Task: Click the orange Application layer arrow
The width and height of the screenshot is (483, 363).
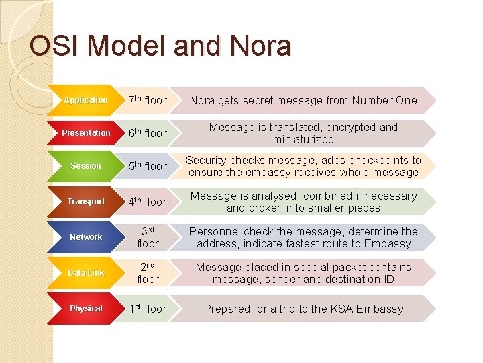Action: [86, 100]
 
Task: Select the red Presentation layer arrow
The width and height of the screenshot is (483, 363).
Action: [86, 133]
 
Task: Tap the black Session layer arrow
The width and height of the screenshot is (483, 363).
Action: [86, 166]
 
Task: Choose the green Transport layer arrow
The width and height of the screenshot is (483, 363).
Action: [86, 202]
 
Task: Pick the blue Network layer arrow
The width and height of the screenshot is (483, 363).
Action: [86, 237]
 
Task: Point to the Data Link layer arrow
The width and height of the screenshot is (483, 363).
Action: [86, 273]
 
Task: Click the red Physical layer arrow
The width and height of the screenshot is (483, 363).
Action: [86, 309]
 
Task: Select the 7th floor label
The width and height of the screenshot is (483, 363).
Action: [148, 100]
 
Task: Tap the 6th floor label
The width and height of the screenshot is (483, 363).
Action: [148, 133]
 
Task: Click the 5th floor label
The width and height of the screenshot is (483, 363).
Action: [148, 166]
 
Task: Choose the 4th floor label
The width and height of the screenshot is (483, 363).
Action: [148, 202]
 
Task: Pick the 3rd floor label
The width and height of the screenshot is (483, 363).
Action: [148, 237]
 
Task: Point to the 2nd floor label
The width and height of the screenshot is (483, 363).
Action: [148, 273]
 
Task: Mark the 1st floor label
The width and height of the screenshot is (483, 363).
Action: [148, 309]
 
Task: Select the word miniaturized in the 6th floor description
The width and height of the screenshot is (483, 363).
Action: [303, 139]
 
